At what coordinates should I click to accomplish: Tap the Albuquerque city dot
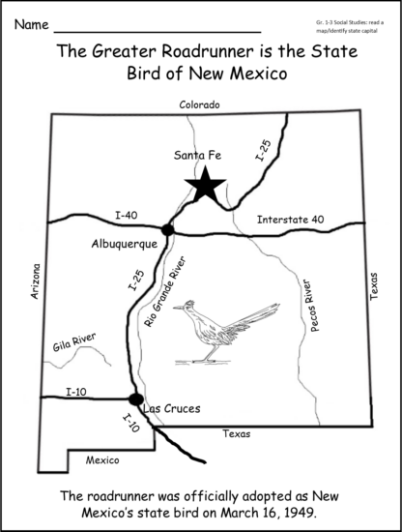click(168, 229)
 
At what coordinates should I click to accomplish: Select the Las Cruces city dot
click(136, 399)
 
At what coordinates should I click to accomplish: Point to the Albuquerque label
click(128, 244)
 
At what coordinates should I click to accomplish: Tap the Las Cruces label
click(171, 408)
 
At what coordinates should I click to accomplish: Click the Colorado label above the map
click(200, 104)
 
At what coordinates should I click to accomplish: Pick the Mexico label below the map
click(102, 459)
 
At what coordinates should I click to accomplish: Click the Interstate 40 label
click(290, 220)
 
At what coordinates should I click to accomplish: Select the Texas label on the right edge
click(375, 287)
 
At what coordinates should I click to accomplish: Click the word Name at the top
click(30, 21)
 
